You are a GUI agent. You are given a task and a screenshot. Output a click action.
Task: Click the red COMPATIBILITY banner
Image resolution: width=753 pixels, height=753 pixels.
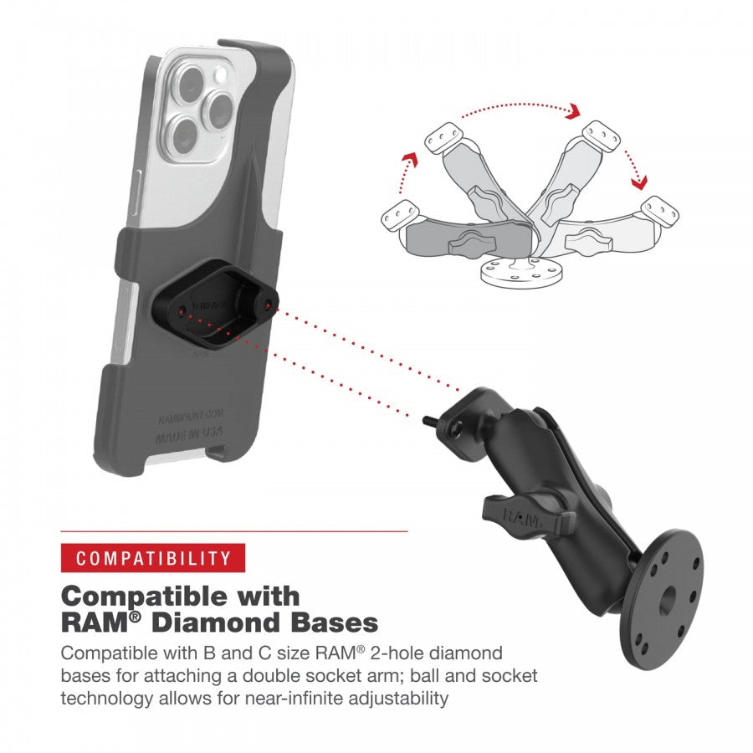(152, 558)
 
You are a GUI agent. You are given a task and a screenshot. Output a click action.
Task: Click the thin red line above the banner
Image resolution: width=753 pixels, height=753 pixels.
(234, 531)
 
